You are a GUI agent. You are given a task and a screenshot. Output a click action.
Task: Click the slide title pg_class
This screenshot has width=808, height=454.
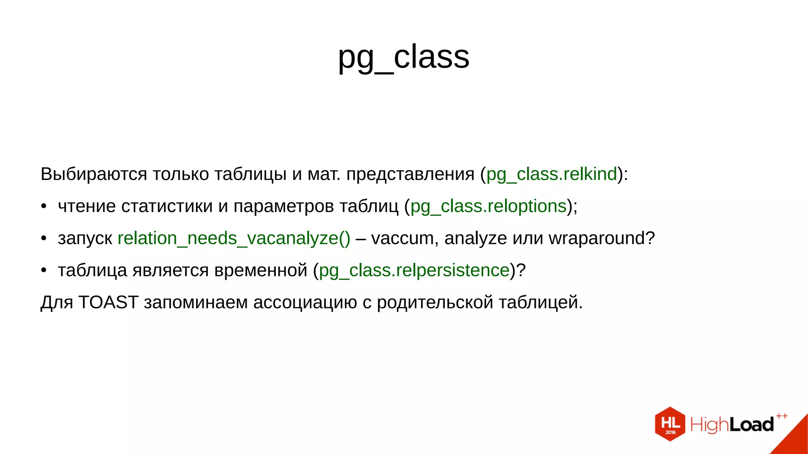point(404,57)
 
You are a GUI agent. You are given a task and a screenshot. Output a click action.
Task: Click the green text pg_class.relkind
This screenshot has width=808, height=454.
point(551,174)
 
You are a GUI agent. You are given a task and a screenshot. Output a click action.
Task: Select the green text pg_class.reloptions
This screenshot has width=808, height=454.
point(488,206)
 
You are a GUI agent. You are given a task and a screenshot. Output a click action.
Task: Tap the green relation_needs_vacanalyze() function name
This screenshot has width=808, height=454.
point(234,238)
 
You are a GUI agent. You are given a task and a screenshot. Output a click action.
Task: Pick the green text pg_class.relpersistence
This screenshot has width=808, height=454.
point(414,270)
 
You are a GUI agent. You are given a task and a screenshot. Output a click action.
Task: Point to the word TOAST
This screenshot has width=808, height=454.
point(108,302)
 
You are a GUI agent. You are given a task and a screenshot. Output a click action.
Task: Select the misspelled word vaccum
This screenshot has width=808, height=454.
point(402,238)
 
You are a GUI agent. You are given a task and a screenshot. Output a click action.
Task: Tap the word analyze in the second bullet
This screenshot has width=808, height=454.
point(475,238)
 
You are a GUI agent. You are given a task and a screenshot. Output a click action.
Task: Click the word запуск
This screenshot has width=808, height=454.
point(85,238)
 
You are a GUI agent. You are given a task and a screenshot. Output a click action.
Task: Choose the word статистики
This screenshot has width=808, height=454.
point(167,206)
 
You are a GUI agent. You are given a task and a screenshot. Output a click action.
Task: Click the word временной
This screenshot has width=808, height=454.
point(261,270)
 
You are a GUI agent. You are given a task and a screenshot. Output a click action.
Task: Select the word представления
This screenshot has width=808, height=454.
point(410,174)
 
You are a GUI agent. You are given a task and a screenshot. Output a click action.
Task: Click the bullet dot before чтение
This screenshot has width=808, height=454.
point(44,206)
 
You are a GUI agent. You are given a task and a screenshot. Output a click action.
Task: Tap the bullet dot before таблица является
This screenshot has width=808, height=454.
point(44,270)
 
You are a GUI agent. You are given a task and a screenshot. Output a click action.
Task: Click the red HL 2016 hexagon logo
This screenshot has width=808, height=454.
point(670,424)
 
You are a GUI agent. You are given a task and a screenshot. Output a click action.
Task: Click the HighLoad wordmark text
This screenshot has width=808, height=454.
point(732,425)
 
